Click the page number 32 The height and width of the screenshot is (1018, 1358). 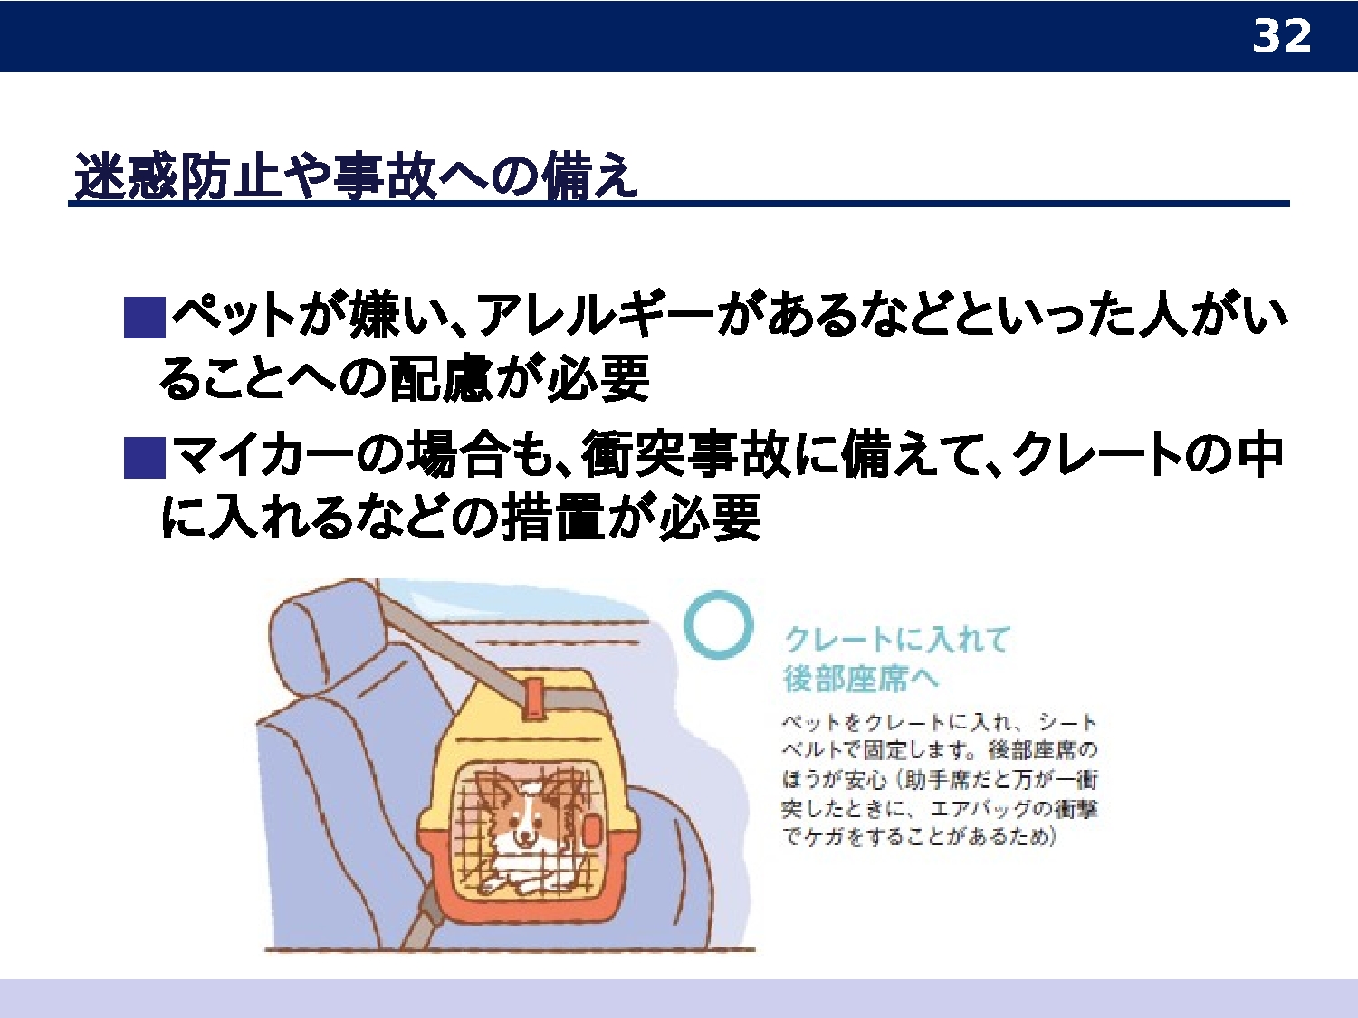click(1281, 36)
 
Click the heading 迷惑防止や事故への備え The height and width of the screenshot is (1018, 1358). click(356, 176)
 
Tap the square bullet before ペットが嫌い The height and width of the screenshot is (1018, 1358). click(144, 317)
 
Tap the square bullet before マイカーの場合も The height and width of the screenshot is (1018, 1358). click(144, 457)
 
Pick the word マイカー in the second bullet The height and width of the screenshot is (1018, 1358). click(263, 456)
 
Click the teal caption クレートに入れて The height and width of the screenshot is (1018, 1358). click(896, 639)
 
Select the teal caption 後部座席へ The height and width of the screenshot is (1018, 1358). click(861, 679)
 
